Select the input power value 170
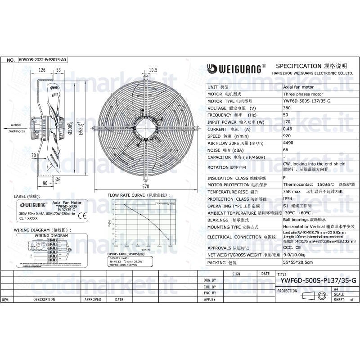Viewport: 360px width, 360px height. (x=287, y=122)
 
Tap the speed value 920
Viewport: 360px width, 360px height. (x=287, y=136)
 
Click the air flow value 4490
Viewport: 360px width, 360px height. (x=288, y=143)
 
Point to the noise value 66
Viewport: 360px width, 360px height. (x=285, y=150)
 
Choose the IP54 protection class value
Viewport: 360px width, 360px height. (x=288, y=199)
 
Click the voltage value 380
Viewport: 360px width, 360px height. (x=287, y=108)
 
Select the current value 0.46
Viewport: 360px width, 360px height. (x=287, y=129)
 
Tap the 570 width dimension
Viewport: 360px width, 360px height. (x=145, y=186)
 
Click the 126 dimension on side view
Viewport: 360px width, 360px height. (x=42, y=70)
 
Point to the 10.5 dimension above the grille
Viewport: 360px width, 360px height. (x=153, y=70)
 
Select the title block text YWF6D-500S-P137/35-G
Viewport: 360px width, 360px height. (x=318, y=280)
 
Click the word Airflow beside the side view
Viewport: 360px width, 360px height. (x=16, y=126)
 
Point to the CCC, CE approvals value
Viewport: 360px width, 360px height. (x=292, y=248)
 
